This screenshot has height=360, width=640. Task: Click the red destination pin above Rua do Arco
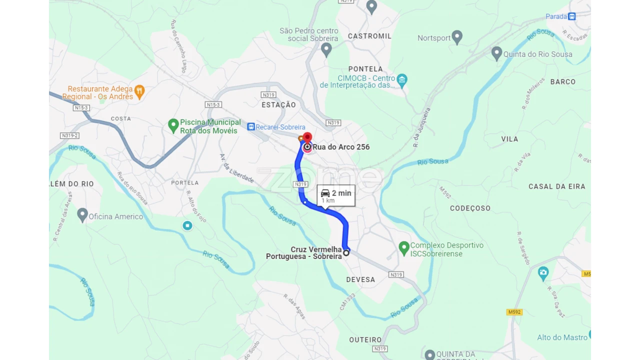tap(307, 137)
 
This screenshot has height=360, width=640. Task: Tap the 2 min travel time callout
tap(336, 195)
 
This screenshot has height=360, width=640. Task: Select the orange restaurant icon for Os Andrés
tap(139, 91)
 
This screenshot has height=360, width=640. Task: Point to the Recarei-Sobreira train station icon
tap(251, 127)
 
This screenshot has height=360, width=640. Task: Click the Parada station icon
tap(572, 16)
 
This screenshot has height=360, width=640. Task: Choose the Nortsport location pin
tap(457, 37)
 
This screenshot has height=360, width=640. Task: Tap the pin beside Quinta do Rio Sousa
tap(496, 53)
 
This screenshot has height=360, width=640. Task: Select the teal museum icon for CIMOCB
tap(402, 79)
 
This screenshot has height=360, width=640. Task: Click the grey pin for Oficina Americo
tap(82, 215)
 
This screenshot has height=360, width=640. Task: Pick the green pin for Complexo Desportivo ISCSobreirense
tap(404, 247)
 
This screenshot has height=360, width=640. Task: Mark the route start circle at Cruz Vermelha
tap(346, 253)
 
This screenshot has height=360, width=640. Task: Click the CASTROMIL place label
tap(369, 36)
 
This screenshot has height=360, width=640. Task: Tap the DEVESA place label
tap(360, 279)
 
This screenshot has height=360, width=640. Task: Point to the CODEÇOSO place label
tap(470, 208)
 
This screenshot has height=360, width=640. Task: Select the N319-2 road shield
tap(69, 135)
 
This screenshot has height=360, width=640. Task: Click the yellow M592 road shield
tap(514, 312)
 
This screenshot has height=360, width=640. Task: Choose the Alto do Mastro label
tap(562, 337)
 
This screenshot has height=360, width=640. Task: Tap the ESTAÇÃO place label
tap(278, 104)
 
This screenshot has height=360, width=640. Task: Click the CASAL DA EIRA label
tap(556, 186)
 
